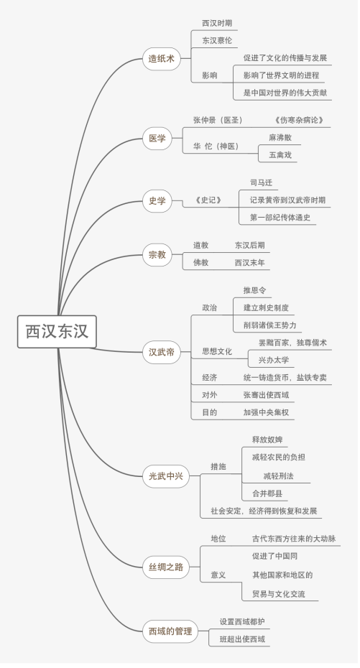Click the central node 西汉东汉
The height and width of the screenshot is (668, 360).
[57, 331]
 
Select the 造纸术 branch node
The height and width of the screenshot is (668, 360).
[162, 59]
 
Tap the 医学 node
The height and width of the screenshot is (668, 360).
[157, 139]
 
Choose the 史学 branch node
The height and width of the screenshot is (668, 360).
[157, 200]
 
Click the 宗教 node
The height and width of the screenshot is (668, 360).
[157, 255]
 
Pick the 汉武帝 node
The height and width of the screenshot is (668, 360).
[162, 353]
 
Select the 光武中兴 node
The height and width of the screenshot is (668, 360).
[166, 476]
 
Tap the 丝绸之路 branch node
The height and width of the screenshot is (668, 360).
[166, 567]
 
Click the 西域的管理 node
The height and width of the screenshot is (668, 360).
[170, 631]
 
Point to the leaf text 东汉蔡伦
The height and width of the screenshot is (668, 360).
[217, 41]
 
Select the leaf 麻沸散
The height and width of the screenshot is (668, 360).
[280, 138]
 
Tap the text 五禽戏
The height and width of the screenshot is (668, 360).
[280, 155]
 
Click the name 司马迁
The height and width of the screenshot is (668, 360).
[261, 182]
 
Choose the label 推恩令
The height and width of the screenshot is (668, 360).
[255, 291]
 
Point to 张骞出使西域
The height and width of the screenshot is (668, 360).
[267, 395]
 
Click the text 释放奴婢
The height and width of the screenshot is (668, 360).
[267, 440]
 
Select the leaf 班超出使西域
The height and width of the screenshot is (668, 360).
[242, 639]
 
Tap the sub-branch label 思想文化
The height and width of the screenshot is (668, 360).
[217, 351]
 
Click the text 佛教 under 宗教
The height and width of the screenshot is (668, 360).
[201, 263]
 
